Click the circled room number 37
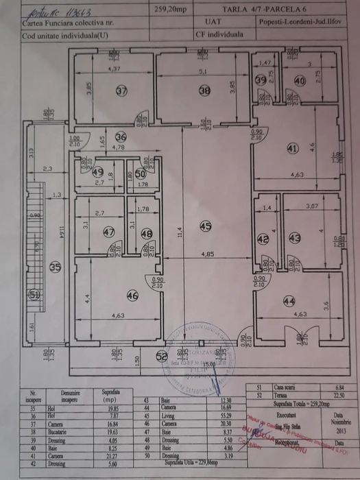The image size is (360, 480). (121, 91)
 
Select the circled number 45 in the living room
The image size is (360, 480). (205, 226)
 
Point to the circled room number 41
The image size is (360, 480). (293, 147)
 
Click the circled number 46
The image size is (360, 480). (133, 296)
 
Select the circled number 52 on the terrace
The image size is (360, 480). (161, 356)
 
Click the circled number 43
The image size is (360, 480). (295, 238)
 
